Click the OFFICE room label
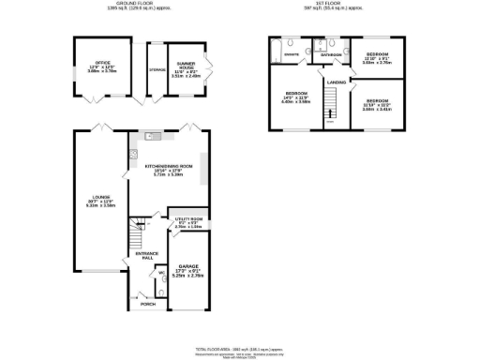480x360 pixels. coord(89,65)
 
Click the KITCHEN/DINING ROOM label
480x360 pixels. coord(163,169)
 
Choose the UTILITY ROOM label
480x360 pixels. coord(188,220)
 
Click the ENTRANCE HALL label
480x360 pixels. coord(147,257)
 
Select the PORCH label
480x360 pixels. coord(146,304)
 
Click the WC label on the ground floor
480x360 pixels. coord(159,274)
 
